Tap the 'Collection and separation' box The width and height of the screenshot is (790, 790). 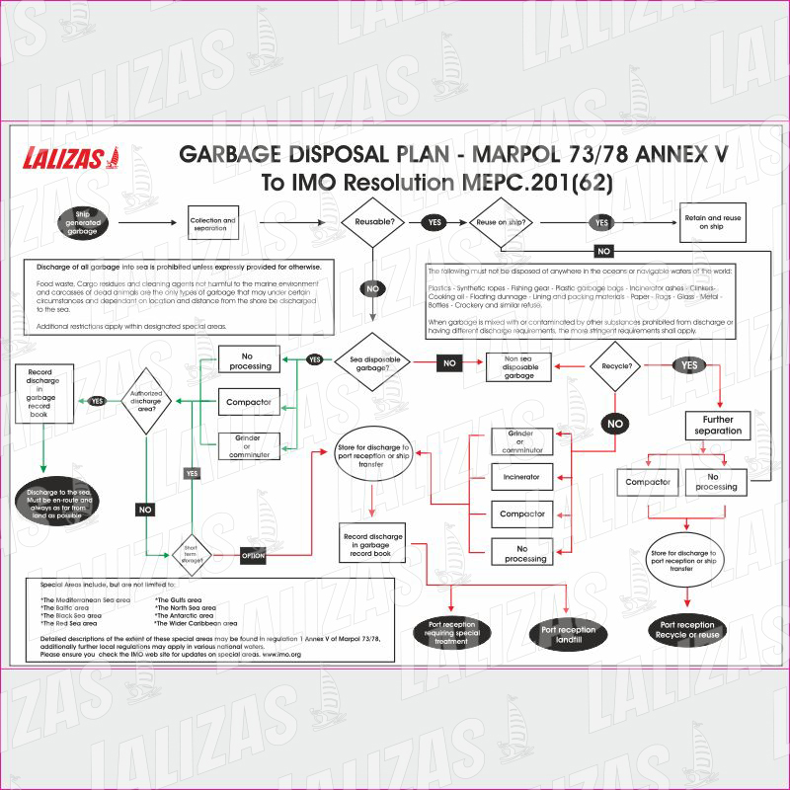pos(213,224)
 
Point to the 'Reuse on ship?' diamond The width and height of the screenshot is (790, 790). pos(502,223)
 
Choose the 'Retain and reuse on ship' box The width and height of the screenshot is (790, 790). pos(711,222)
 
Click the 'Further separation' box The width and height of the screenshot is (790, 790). pos(717,425)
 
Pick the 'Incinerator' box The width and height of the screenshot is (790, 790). pos(521,477)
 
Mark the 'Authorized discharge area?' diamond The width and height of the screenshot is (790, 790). pos(146,401)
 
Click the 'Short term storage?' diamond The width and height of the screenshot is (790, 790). pos(192,555)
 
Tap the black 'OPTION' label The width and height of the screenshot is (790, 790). pos(253,555)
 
